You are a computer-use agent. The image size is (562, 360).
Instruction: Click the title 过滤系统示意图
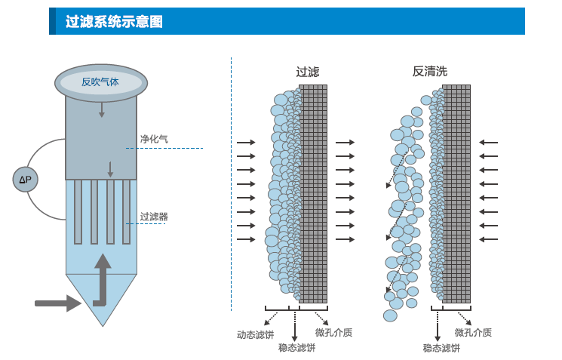[x=114, y=22]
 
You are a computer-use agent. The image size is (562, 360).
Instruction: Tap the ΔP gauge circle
[x=25, y=179]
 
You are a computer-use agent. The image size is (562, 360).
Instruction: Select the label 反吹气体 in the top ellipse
[x=100, y=82]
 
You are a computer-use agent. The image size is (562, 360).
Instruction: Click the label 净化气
[x=154, y=139]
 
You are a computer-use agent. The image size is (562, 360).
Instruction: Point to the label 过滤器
[x=154, y=217]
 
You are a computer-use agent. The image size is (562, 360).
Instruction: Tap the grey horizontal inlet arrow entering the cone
[x=57, y=303]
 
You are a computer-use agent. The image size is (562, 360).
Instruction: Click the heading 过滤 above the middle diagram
[x=308, y=72]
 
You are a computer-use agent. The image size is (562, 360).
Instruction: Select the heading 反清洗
[x=430, y=72]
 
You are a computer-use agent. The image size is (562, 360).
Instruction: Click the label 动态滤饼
[x=256, y=334]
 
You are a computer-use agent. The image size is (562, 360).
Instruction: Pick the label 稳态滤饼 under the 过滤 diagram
[x=296, y=348]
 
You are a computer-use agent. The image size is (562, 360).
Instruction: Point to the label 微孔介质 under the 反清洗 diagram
[x=473, y=333]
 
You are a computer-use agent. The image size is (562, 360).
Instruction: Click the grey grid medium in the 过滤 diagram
[x=313, y=192]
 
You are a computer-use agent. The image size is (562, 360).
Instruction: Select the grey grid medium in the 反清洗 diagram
[x=456, y=192]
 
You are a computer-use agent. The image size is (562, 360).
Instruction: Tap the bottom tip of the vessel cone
[x=102, y=325]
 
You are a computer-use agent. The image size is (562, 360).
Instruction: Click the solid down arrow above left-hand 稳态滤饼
[x=294, y=326]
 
